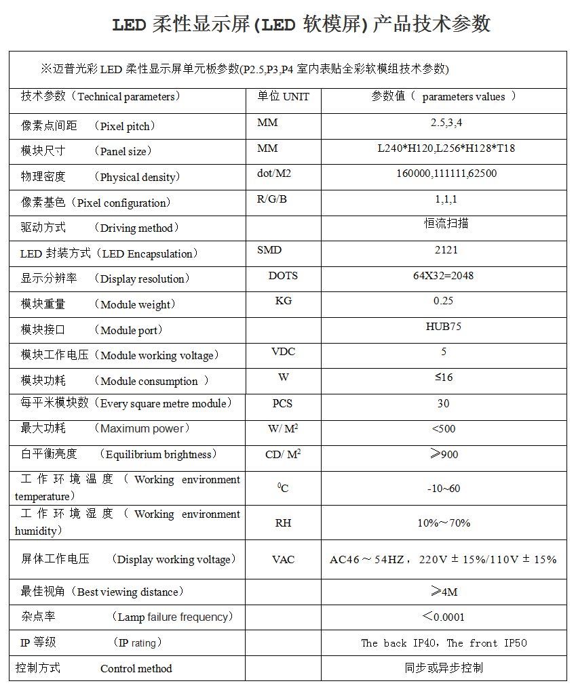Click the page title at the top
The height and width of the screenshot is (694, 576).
[301, 25]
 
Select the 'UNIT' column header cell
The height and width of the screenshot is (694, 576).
[283, 97]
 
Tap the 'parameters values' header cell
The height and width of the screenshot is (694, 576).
[444, 97]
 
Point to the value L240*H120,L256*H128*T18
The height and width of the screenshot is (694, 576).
[446, 148]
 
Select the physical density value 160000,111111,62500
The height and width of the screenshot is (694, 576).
[446, 173]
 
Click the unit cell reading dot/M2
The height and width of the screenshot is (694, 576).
[273, 173]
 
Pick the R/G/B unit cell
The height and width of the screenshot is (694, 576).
[271, 199]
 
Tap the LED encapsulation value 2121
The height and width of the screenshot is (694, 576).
[446, 249]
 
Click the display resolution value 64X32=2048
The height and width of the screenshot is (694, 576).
[443, 275]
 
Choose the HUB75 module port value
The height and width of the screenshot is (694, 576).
[444, 326]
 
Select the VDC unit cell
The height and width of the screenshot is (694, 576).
[283, 352]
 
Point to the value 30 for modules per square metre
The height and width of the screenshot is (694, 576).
[443, 403]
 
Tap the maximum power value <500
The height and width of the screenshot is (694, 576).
[444, 428]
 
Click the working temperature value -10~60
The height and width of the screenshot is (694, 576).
[444, 489]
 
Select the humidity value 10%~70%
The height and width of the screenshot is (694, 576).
[444, 523]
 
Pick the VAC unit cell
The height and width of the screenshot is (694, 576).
[283, 559]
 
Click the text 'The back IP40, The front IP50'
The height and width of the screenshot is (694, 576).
[444, 642]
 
